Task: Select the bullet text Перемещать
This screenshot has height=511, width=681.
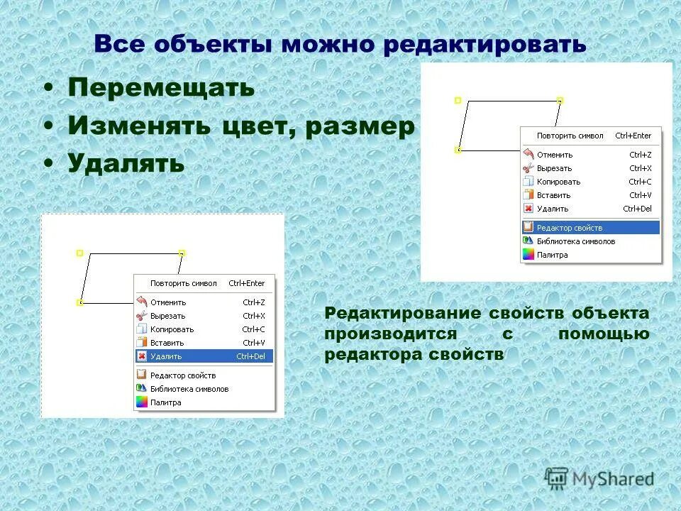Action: (161, 88)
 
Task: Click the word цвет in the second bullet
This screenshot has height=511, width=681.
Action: (260, 126)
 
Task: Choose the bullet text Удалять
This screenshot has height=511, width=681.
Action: (126, 164)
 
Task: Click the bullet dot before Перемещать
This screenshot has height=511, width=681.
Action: (48, 89)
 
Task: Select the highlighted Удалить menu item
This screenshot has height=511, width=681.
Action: (166, 356)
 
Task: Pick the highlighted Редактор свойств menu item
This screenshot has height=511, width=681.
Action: (569, 228)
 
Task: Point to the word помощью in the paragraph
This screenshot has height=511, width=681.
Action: (603, 334)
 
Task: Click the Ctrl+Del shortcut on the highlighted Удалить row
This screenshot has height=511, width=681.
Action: (250, 356)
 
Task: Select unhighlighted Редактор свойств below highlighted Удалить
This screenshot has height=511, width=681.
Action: (182, 375)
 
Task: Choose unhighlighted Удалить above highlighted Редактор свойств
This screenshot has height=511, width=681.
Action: (553, 209)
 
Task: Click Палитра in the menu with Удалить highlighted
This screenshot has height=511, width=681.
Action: (165, 402)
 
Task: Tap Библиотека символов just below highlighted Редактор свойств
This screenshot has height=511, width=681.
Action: (575, 241)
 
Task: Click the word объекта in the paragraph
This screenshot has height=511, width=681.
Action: (611, 314)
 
